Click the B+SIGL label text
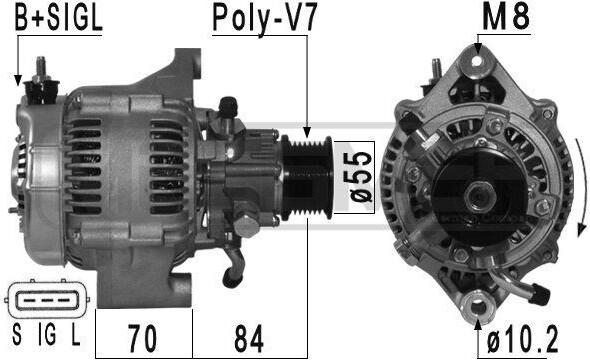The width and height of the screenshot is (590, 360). [x=58, y=18]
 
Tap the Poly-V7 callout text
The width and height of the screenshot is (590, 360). [x=265, y=18]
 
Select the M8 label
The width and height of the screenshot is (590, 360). [x=506, y=17]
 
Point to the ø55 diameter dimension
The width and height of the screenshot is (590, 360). [x=360, y=177]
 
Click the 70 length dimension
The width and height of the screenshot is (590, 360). [x=143, y=338]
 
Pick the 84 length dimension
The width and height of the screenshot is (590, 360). [x=249, y=338]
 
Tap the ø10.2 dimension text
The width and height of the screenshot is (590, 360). [x=523, y=339]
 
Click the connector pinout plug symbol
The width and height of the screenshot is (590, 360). [x=47, y=299]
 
